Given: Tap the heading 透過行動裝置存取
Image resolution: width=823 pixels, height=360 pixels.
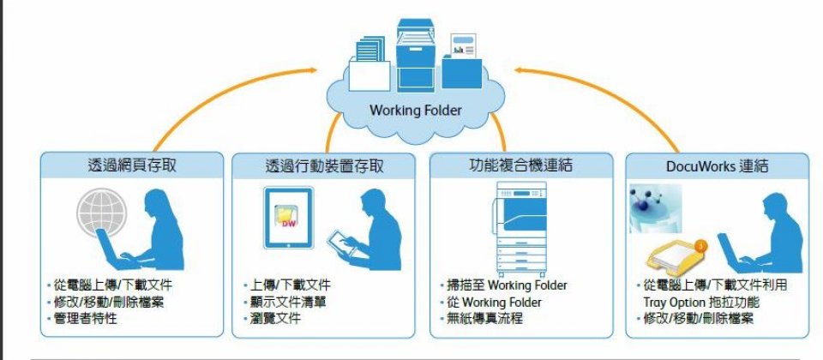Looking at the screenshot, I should (325, 165).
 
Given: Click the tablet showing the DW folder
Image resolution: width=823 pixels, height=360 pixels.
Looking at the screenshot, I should (286, 219).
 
